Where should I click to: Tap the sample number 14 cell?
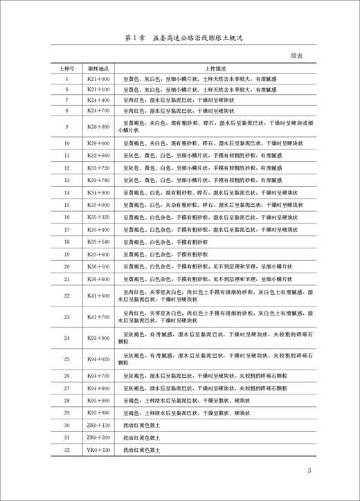tap(66, 192)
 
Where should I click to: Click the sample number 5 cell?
tap(66, 80)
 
